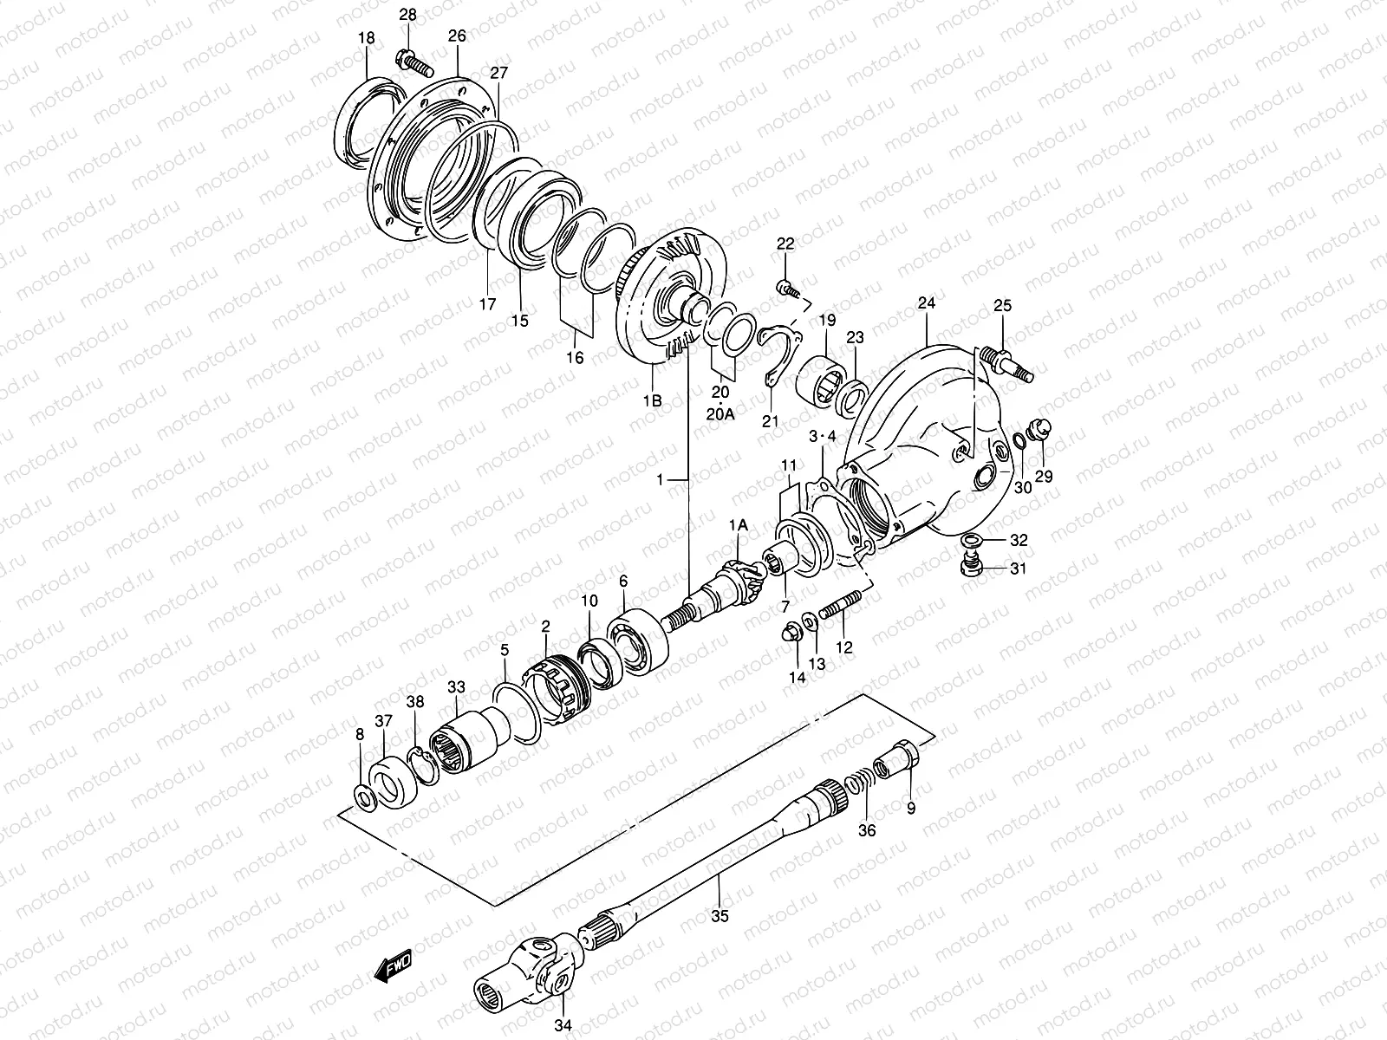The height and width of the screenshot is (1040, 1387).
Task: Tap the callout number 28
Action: [x=407, y=15]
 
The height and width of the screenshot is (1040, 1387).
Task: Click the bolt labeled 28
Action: [x=414, y=62]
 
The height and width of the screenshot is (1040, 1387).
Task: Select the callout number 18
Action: [x=366, y=37]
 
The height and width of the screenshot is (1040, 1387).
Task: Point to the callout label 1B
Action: [x=652, y=401]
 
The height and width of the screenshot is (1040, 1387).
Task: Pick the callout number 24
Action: [x=927, y=304]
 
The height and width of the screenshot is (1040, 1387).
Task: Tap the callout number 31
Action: [x=1018, y=569]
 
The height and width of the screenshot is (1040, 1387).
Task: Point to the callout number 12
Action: [x=844, y=647]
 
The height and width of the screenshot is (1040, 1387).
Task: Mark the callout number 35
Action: [x=720, y=915]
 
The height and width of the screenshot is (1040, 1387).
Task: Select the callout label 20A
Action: [x=721, y=414]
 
